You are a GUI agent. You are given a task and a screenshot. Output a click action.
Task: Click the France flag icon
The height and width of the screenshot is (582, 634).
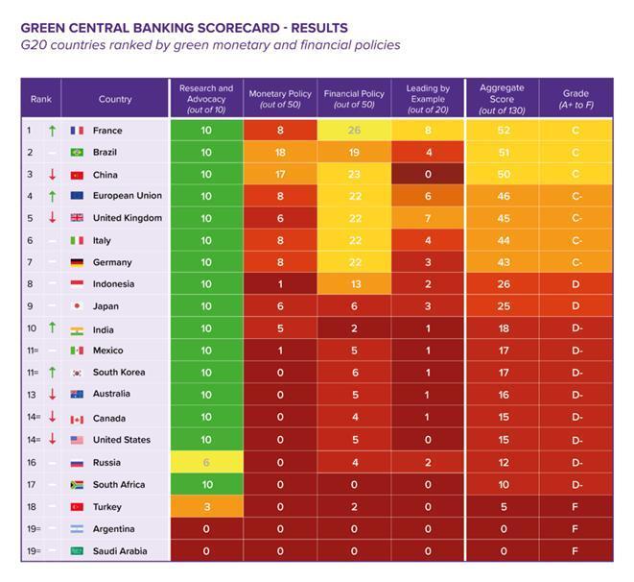(78, 131)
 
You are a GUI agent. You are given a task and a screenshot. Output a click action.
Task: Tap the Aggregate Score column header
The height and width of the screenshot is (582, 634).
(502, 97)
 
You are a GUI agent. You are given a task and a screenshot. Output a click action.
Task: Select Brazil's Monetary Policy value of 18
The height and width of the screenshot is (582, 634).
(280, 153)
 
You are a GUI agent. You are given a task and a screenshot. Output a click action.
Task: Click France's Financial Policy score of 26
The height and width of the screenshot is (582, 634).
(353, 131)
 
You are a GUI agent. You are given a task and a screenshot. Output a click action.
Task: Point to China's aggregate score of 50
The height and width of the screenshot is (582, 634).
(502, 175)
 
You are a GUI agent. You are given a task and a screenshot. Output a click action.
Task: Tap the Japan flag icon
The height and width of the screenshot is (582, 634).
(78, 306)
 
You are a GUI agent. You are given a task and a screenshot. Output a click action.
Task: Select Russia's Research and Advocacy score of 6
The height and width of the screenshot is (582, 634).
(206, 462)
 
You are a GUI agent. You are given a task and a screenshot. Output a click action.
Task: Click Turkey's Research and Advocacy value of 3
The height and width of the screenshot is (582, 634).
(206, 506)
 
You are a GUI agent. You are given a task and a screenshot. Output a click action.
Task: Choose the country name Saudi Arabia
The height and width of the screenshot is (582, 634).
(120, 551)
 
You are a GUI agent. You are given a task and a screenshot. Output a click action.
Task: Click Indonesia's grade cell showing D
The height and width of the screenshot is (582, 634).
(576, 284)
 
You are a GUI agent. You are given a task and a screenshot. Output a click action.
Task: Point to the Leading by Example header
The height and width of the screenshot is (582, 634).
(428, 97)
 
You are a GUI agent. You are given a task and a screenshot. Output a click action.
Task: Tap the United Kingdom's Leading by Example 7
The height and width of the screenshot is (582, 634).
(428, 218)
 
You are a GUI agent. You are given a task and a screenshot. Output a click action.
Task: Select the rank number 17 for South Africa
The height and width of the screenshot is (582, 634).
(33, 485)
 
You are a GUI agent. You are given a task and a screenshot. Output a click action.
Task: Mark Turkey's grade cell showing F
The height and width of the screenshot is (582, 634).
(576, 506)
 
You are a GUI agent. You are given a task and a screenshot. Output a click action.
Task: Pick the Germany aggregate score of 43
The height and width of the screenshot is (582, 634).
(502, 262)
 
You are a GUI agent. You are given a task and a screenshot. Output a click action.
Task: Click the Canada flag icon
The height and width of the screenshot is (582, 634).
(78, 418)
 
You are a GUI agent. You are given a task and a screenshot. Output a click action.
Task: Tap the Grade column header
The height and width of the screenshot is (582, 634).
(576, 97)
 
